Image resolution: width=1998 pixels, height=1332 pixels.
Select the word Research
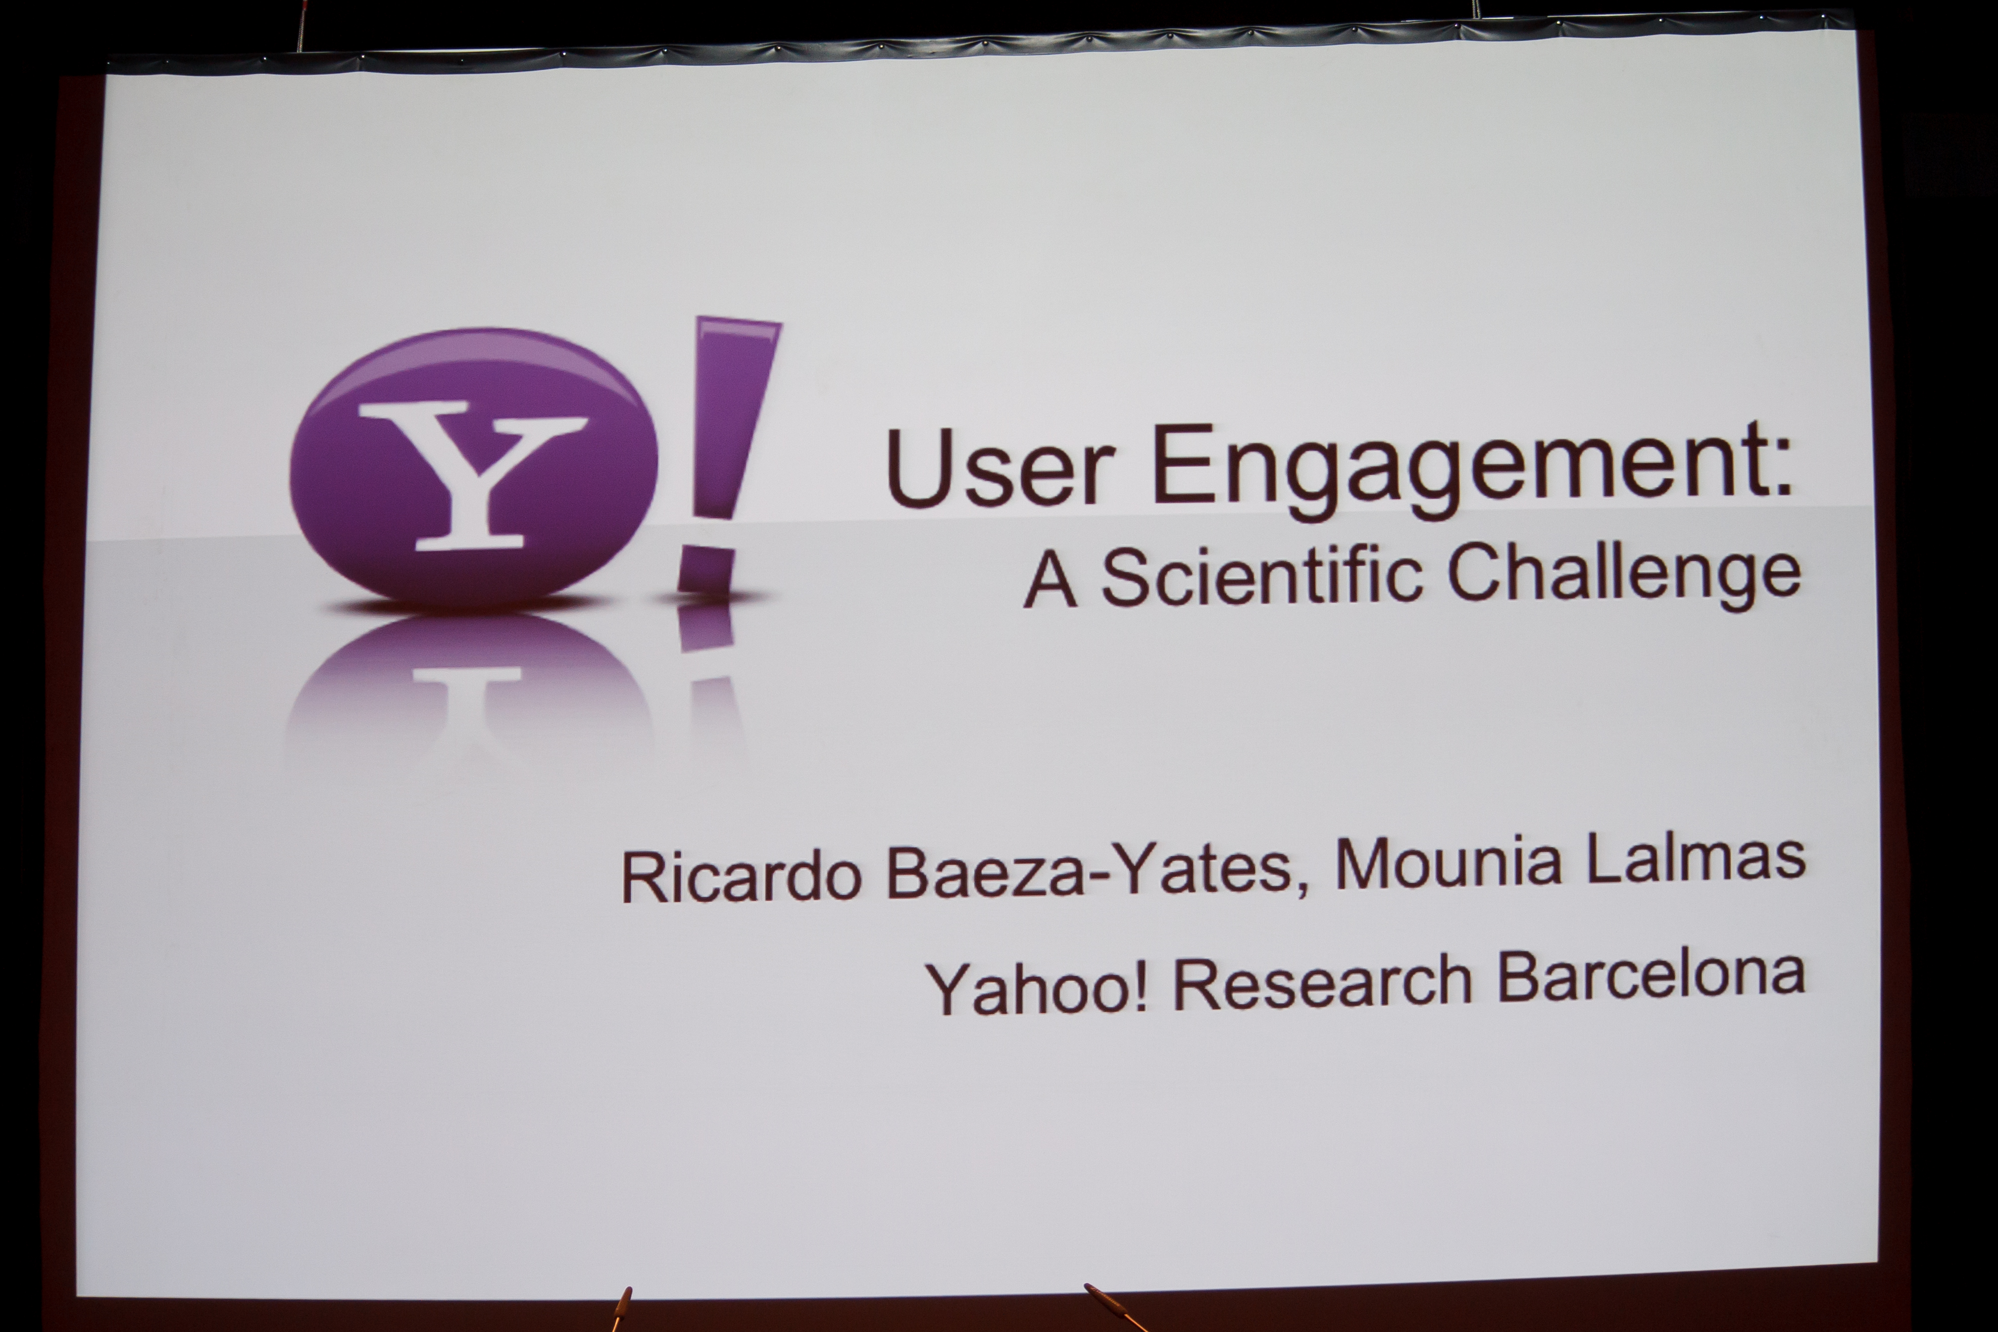click(1322, 983)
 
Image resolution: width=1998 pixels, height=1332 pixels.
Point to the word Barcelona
click(1650, 976)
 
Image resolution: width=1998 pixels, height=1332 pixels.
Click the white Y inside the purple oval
click(472, 476)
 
